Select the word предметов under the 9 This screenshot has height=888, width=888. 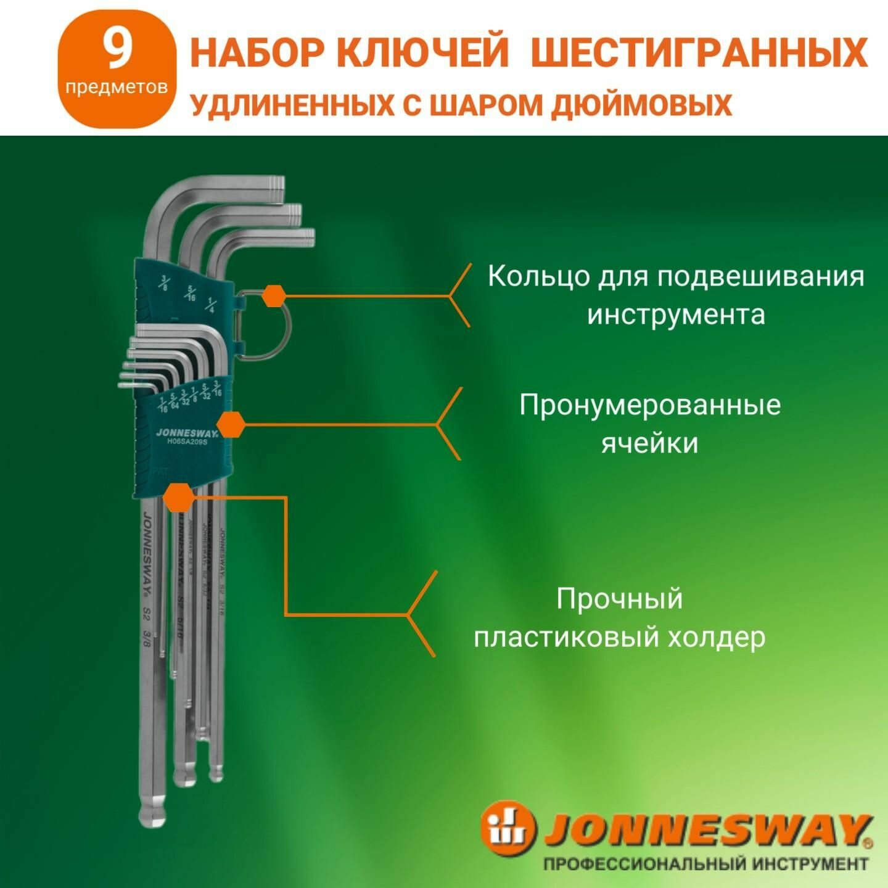point(117,87)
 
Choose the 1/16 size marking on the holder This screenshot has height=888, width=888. point(163,405)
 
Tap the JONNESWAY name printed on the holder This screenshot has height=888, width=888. point(178,432)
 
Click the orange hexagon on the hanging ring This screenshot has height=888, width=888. point(273,295)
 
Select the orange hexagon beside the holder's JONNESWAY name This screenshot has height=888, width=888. point(231,425)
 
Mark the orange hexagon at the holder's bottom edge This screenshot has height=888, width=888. point(179,496)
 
